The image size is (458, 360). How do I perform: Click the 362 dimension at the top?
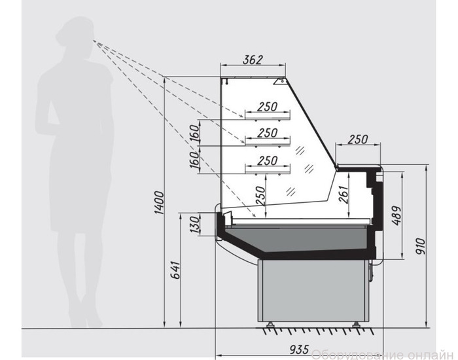(253, 60)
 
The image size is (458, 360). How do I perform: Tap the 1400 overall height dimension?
(160, 203)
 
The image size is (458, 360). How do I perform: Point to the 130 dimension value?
(195, 225)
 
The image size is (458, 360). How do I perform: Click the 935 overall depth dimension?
(299, 349)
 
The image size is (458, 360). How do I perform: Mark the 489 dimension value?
(396, 216)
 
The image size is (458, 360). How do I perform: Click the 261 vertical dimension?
(343, 194)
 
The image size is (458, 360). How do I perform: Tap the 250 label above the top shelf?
(267, 107)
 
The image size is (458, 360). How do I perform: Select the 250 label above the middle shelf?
(267, 134)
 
